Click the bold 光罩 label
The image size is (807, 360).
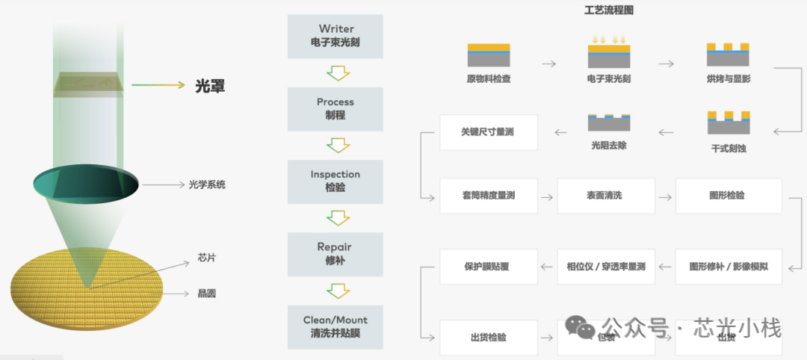tap(210, 86)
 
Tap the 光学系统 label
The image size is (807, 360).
tap(207, 184)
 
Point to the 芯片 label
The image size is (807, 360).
tap(206, 258)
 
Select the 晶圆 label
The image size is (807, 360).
tap(206, 294)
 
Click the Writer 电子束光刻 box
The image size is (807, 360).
tap(336, 36)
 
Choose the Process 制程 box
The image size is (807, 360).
tap(336, 109)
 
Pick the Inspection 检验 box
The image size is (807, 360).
tap(336, 181)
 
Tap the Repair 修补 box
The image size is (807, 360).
tap(336, 254)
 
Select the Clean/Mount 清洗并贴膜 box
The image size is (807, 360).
tap(336, 326)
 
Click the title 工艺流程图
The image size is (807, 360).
tap(609, 10)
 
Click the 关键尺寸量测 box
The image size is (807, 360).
tap(488, 132)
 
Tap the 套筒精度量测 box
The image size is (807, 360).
tap(488, 196)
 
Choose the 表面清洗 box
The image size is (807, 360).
tap(605, 196)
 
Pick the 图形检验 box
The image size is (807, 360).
tap(728, 196)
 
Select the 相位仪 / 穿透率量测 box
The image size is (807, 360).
tap(605, 267)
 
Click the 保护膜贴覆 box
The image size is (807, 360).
tap(488, 267)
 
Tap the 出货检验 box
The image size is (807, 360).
tap(488, 338)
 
